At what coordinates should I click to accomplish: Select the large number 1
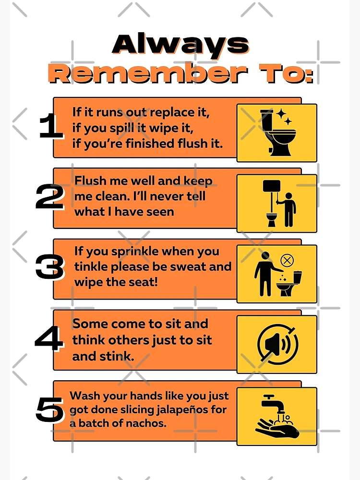coord(50,127)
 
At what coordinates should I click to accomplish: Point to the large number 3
coord(49,268)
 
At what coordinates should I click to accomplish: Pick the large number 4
coord(49,339)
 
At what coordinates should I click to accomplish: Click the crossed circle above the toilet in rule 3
coord(287,261)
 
